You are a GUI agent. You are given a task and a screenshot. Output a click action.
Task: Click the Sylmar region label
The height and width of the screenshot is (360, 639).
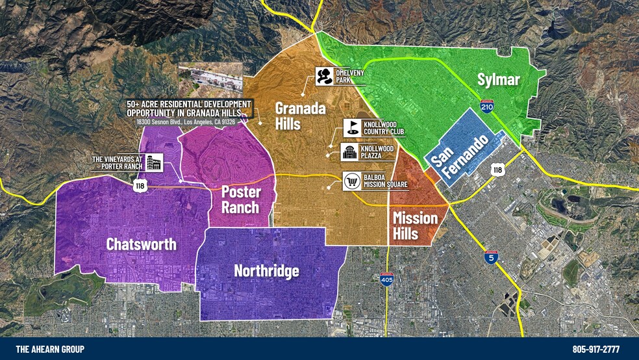coord(499,80)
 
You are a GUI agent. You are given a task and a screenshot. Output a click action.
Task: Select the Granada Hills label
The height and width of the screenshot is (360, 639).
coord(299,116)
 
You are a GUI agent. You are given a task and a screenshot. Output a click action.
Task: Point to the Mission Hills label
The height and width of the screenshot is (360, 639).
coord(415,225)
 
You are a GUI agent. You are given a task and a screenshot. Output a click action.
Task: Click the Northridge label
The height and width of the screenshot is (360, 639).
coord(266,270)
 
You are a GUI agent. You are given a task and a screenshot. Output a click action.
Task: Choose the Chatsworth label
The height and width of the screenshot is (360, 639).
coord(142,244)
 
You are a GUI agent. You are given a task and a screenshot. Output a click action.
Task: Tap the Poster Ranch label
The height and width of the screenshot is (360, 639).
coord(240,200)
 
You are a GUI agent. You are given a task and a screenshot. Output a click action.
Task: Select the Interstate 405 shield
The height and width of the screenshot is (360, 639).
coord(386,279)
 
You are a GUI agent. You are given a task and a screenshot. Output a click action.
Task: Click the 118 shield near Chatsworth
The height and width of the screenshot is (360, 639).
coord(140,186)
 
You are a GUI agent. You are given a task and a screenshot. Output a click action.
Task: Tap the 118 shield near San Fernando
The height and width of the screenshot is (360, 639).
coord(497,170)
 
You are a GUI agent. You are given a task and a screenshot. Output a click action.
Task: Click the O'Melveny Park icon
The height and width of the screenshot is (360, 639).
coord(323,76)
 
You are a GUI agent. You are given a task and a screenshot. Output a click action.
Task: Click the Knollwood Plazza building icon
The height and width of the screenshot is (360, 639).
coord(349,152)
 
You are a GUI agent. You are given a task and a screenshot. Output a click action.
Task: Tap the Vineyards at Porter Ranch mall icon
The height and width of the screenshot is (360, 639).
coord(154,162)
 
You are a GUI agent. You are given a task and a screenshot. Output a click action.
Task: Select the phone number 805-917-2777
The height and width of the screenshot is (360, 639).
coord(595,349)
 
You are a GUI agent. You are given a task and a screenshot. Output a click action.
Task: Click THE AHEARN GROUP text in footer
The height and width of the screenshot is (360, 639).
coord(50,349)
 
